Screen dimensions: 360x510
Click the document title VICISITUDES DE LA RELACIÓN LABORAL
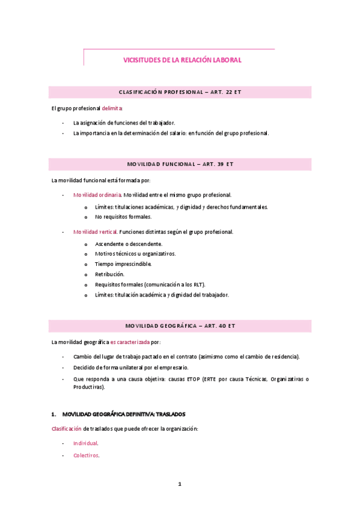pos(182,60)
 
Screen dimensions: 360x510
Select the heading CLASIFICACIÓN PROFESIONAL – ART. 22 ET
pos(180,92)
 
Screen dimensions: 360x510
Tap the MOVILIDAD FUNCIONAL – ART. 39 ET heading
pos(180,164)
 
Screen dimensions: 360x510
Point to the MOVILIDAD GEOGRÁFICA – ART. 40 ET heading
pos(180,326)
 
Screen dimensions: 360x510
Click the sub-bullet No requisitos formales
pos(123,217)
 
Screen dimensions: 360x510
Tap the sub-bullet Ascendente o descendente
pos(128,244)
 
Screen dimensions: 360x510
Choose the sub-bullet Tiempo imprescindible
pos(123,264)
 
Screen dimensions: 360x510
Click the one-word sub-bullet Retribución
pos(109,274)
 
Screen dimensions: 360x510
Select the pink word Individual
pos(85,443)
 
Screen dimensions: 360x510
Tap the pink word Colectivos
pos(86,455)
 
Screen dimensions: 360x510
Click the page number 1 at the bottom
pos(180,484)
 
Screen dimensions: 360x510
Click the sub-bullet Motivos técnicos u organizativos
pos(135,254)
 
